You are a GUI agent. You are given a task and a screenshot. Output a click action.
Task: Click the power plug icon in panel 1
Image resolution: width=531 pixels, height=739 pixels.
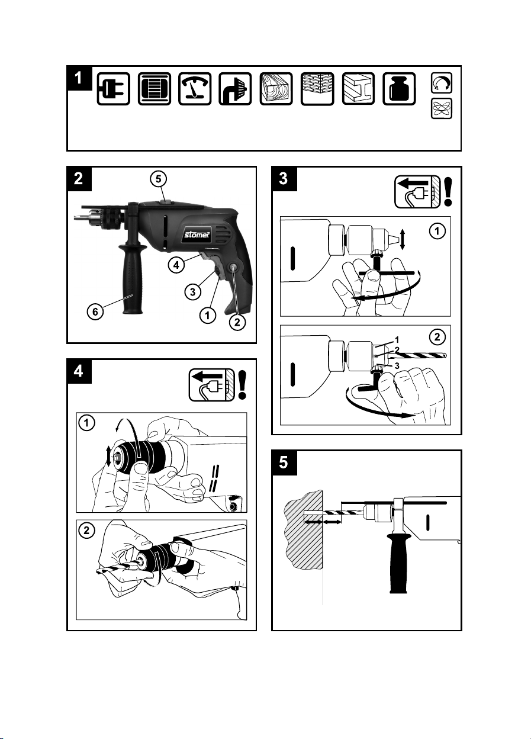(x=114, y=89)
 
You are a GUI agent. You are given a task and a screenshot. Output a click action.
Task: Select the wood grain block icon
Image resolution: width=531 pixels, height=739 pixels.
(x=276, y=89)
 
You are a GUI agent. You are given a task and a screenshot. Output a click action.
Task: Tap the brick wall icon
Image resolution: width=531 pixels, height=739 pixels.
(x=317, y=89)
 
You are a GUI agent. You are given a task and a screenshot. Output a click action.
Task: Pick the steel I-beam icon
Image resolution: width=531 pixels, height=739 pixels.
(x=358, y=89)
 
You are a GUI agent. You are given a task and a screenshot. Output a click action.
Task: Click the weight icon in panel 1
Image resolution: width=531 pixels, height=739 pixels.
(x=399, y=89)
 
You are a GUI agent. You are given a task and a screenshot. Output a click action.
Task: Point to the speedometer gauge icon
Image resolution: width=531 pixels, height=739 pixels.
(x=195, y=89)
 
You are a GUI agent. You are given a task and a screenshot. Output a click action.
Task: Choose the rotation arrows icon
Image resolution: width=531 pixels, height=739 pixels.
(x=442, y=83)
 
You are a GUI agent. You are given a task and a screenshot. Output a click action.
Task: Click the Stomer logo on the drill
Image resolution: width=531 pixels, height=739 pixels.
(x=197, y=235)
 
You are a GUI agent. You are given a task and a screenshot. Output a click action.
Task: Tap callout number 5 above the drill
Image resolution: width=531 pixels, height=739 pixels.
(x=159, y=179)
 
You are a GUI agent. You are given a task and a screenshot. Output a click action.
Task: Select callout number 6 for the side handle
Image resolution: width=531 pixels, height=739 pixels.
(x=95, y=311)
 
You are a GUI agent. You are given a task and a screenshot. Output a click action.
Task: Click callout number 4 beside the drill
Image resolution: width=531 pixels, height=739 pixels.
(x=176, y=265)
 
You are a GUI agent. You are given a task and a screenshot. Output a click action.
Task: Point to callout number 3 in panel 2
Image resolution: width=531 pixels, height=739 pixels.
(x=193, y=292)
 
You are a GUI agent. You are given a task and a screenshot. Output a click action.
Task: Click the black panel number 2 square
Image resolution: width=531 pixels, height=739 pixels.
(x=79, y=179)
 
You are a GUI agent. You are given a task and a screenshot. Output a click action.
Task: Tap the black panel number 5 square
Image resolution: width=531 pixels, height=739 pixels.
(x=284, y=463)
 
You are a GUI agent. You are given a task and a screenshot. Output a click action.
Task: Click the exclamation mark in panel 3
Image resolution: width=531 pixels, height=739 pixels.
(x=448, y=192)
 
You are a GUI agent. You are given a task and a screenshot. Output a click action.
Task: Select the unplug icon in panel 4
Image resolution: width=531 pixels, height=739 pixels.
(x=212, y=385)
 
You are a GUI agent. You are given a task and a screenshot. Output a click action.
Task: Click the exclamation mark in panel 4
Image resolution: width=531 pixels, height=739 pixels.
(x=243, y=385)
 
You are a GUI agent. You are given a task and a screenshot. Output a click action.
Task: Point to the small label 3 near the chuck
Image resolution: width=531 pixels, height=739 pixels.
(x=397, y=366)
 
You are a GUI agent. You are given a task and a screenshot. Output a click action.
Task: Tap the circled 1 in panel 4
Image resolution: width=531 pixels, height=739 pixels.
(x=87, y=423)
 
